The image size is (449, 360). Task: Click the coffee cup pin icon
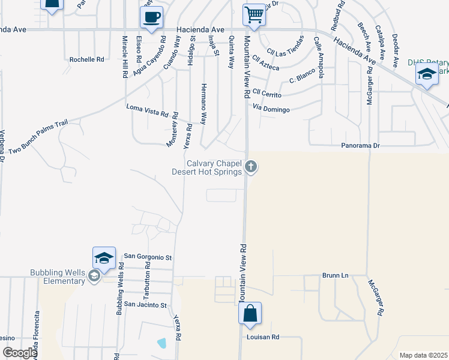click(x=151, y=16)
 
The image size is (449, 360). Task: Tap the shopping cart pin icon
click(x=254, y=14)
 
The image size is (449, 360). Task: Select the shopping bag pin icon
click(x=250, y=313)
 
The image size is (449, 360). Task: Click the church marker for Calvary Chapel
click(x=252, y=167)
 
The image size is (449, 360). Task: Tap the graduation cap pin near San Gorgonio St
click(x=104, y=259)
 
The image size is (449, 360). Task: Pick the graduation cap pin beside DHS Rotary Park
click(x=426, y=75)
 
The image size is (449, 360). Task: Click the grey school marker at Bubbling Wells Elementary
click(x=94, y=276)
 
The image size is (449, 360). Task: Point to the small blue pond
click(x=161, y=343)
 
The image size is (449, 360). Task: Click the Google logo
click(x=19, y=353)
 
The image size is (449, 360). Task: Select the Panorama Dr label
click(x=361, y=146)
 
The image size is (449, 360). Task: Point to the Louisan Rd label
click(x=264, y=337)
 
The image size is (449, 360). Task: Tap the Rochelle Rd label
click(x=86, y=59)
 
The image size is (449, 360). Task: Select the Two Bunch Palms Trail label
click(x=40, y=133)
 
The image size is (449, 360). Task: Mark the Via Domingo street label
click(x=271, y=109)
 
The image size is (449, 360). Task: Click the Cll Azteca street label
click(x=266, y=64)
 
